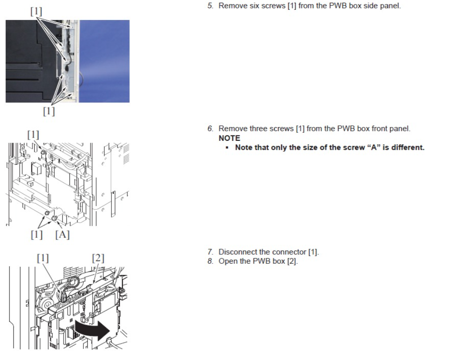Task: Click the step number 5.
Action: coord(210,6)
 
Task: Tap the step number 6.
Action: coord(210,128)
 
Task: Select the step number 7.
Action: coord(210,252)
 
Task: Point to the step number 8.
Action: coord(210,261)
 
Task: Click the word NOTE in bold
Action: coord(229,138)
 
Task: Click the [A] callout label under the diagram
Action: coord(62,234)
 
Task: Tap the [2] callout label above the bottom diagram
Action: coord(98,258)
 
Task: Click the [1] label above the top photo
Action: coord(37,11)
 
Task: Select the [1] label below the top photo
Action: coord(49,111)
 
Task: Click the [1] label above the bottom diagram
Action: coord(43,258)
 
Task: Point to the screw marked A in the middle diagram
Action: coord(54,218)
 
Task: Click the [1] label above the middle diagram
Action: coord(33,135)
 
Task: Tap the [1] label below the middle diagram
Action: coord(37,234)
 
